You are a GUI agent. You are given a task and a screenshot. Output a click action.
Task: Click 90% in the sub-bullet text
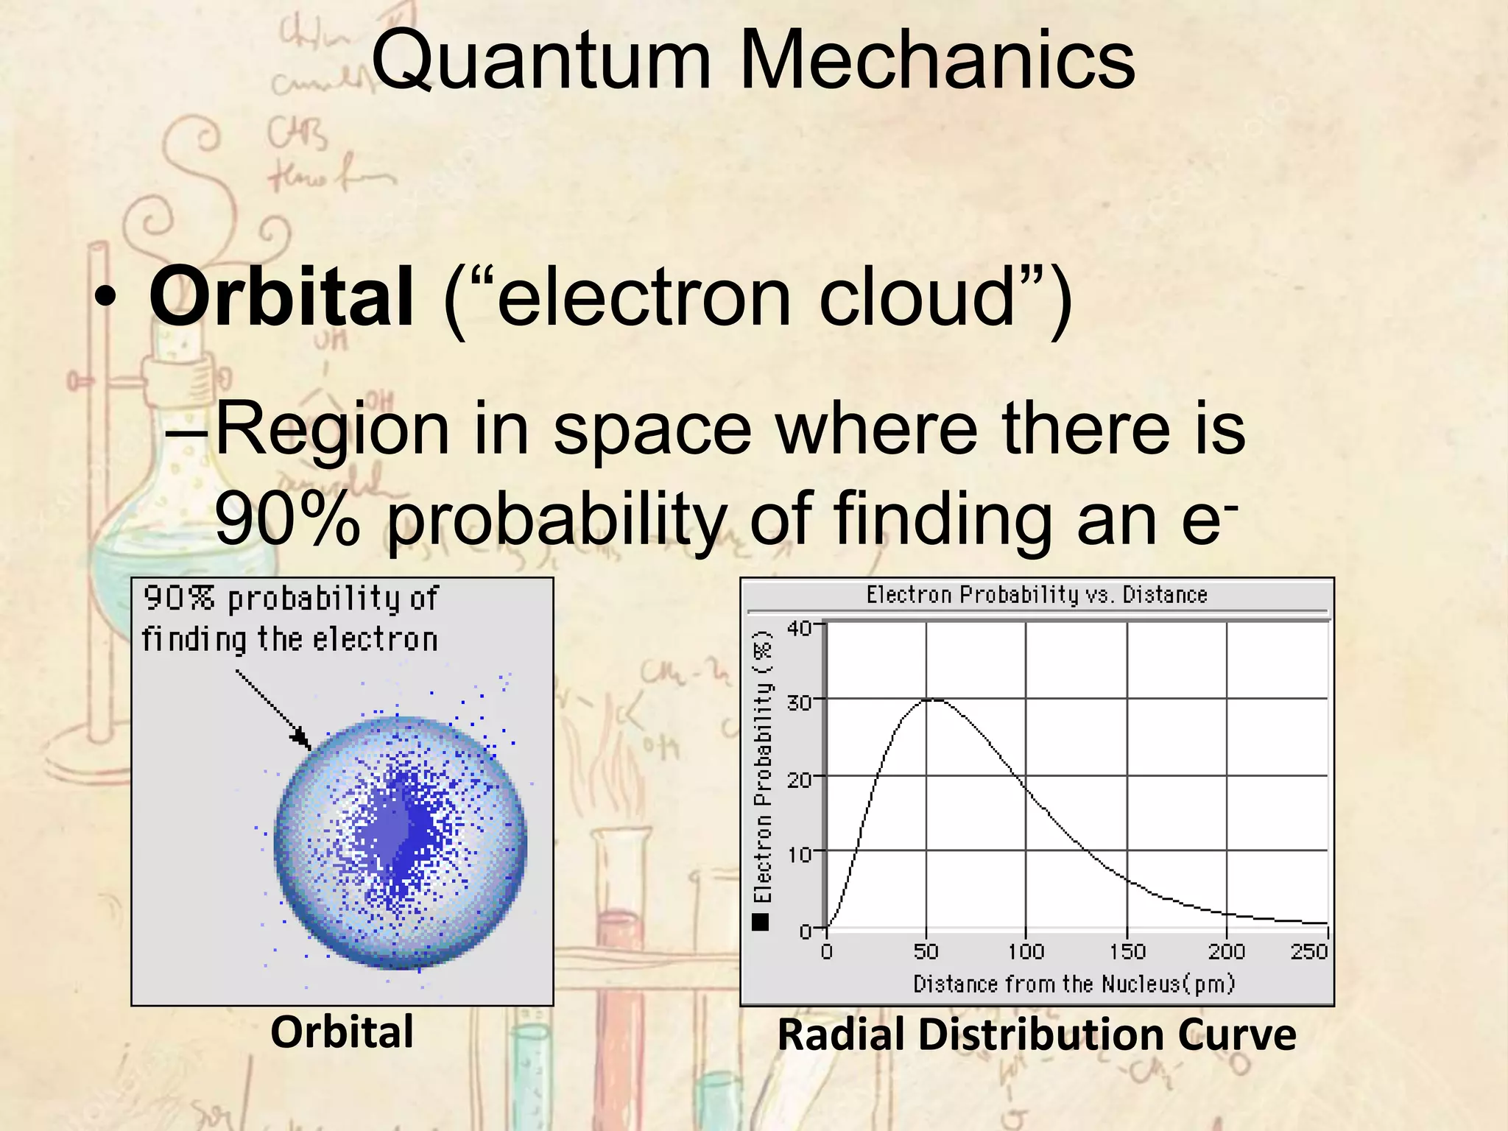287,519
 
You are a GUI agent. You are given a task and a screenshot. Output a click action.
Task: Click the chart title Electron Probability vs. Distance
1036,595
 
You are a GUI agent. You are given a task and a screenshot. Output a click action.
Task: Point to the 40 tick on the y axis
798,628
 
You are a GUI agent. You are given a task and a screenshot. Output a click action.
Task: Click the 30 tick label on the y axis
798,702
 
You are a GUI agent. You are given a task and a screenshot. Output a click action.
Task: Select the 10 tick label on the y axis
798,854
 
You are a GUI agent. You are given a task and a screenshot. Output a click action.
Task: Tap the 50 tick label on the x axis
926,951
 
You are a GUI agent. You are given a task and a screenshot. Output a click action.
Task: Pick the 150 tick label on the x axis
1127,951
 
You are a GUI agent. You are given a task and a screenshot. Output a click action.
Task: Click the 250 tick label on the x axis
1308,951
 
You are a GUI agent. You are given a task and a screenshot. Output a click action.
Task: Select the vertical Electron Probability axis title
763,766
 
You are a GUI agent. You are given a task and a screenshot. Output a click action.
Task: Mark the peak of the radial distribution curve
931,700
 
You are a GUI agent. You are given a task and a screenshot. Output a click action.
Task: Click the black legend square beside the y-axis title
761,922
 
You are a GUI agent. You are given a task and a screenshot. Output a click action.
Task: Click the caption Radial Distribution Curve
1036,1035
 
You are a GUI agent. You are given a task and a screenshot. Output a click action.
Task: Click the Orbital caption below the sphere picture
342,1032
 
